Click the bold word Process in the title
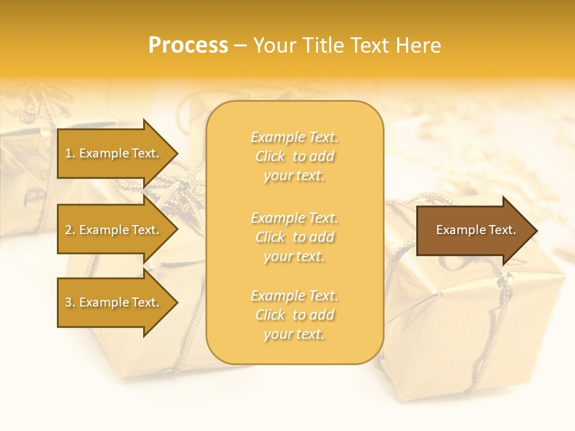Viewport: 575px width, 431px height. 188,45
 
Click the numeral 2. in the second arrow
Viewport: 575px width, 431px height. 70,230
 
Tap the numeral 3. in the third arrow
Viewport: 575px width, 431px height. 70,302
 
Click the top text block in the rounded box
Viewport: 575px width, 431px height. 294,156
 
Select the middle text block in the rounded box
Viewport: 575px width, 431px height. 294,236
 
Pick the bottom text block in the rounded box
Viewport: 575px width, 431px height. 294,315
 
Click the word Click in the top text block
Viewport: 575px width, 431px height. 271,156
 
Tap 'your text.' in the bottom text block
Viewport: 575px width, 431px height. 294,334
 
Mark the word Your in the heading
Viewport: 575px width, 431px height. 276,45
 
